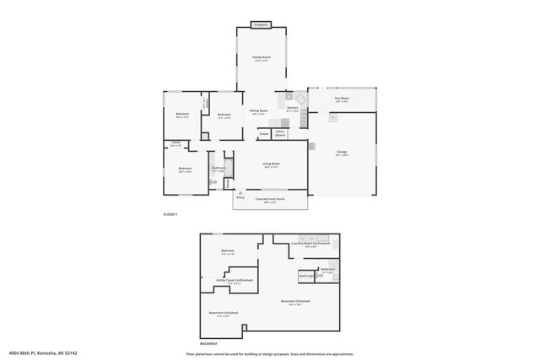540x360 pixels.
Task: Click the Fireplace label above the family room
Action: [262, 24]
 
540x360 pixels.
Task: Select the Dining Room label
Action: [258, 110]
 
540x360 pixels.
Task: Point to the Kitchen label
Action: [292, 107]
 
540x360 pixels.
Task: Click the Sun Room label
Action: [342, 98]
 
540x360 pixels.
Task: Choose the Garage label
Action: [342, 151]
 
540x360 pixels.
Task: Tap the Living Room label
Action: [271, 164]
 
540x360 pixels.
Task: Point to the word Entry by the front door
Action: [240, 196]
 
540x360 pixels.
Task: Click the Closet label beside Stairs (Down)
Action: [263, 133]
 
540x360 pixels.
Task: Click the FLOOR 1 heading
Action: [170, 216]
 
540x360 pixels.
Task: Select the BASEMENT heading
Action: [208, 343]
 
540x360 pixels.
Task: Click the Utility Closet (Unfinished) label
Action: [240, 281]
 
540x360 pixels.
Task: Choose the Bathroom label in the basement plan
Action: [328, 269]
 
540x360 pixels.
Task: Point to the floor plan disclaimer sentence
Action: [270, 353]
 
